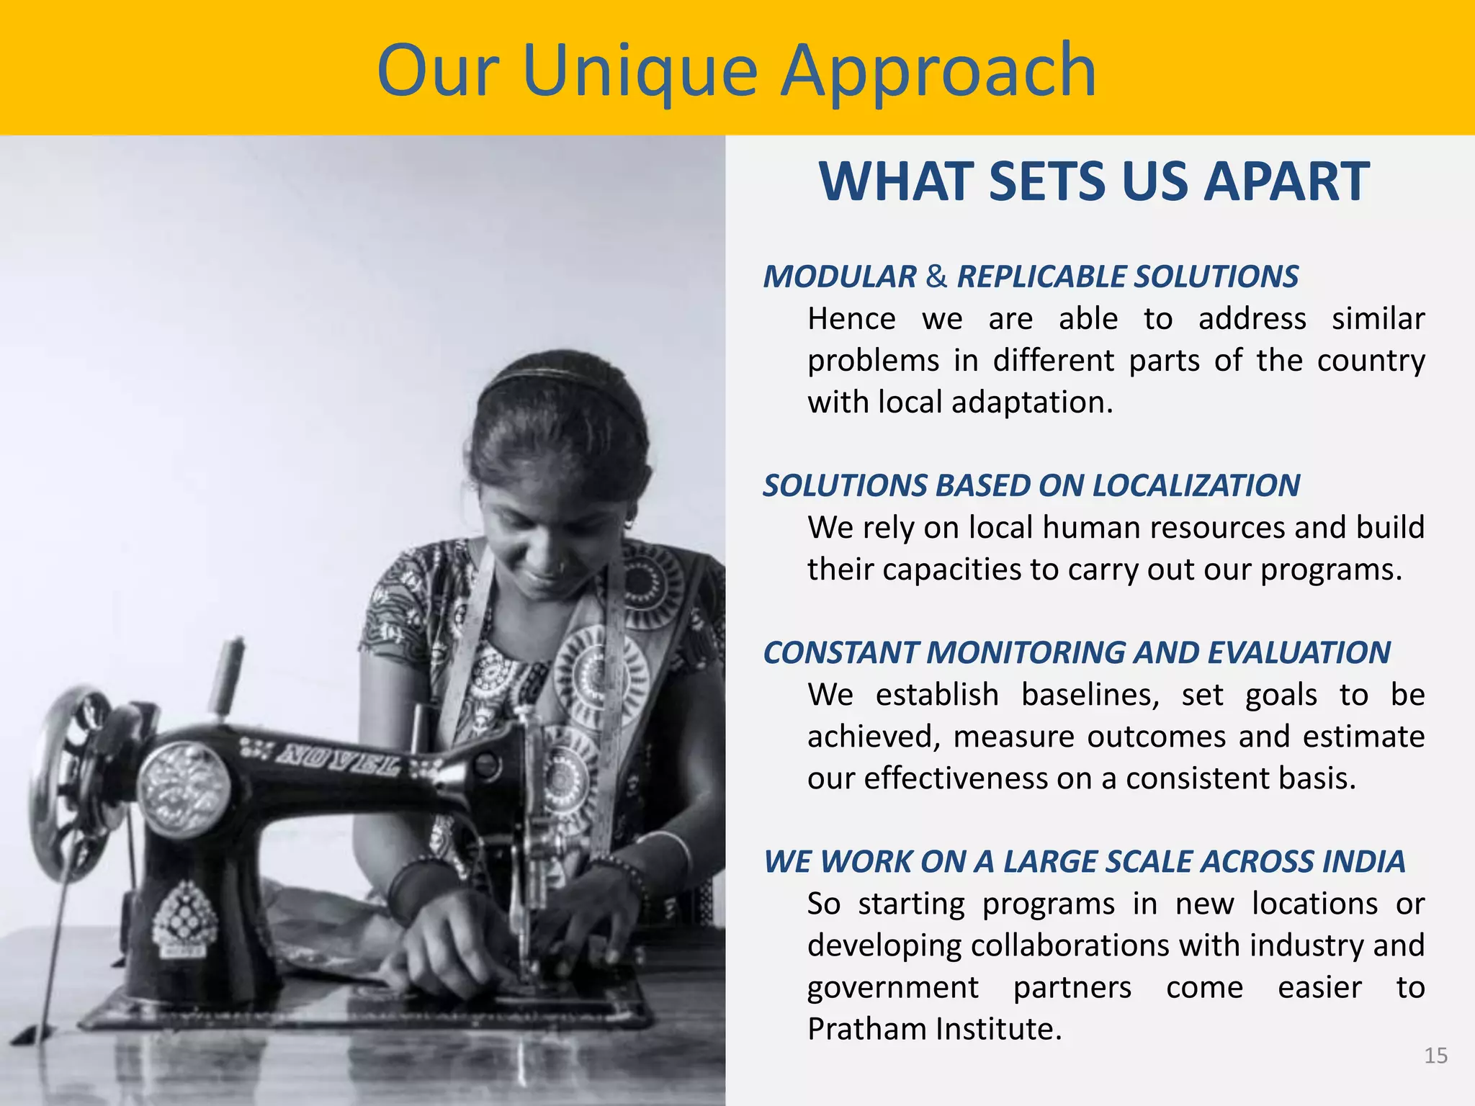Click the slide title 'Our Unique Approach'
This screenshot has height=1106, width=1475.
(736, 71)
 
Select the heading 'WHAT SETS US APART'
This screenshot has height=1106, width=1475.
(1093, 181)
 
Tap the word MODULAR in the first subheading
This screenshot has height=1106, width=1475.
(840, 277)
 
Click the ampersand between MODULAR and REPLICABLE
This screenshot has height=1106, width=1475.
(936, 277)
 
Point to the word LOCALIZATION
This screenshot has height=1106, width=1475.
(1196, 486)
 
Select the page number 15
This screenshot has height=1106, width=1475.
(1435, 1056)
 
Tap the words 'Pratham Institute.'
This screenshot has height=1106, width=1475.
(934, 1029)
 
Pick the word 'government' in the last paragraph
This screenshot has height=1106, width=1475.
(892, 988)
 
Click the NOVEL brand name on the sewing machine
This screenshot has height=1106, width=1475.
(339, 760)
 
